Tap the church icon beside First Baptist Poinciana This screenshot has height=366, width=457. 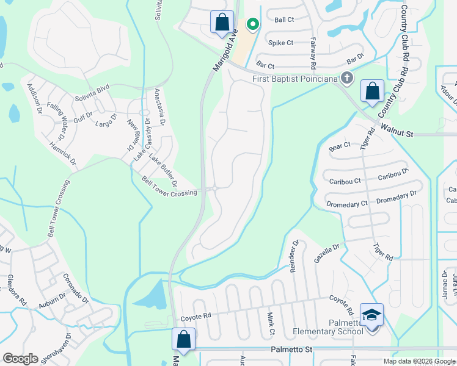347,77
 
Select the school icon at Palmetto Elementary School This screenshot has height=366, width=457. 371,314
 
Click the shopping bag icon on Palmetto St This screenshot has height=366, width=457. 183,339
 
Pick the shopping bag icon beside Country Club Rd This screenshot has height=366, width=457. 371,91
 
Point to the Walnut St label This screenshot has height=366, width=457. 397,130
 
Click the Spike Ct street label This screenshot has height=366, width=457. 281,43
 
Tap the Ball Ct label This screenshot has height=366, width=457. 284,20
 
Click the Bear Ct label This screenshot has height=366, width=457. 339,146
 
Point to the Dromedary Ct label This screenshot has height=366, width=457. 347,203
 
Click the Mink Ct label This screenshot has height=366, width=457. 271,323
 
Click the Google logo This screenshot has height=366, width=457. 20,359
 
